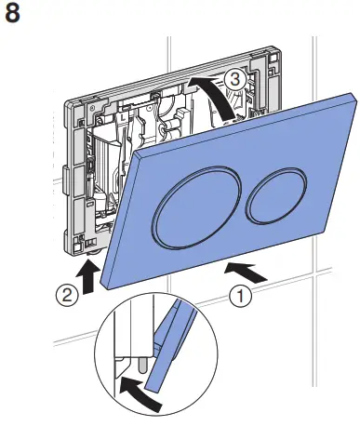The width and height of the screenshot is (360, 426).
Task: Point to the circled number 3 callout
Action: click(236, 81)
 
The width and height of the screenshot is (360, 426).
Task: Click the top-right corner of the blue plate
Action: click(353, 91)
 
